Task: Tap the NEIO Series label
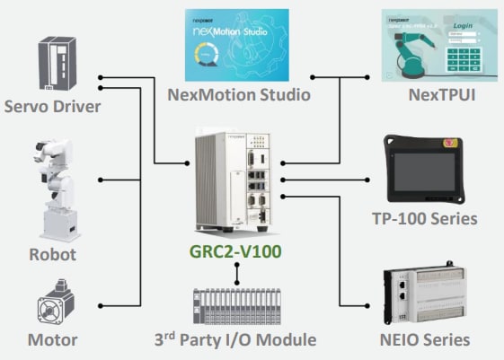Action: pyautogui.click(x=427, y=340)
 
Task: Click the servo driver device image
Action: pyautogui.click(x=52, y=63)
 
